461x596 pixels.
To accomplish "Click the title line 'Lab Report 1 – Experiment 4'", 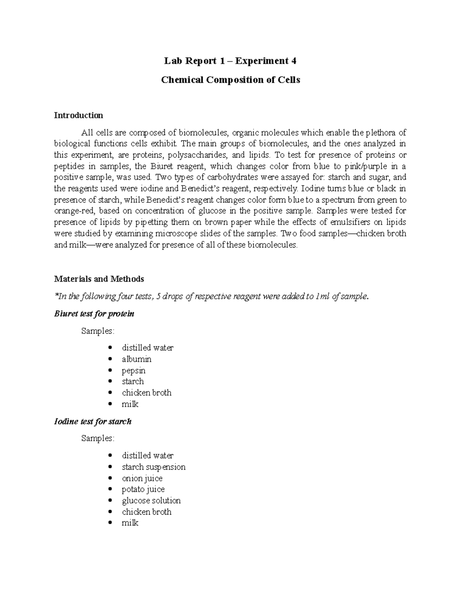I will [230, 61].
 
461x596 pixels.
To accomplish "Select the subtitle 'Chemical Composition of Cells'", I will [230, 80].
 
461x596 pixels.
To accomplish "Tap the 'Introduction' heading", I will [78, 116].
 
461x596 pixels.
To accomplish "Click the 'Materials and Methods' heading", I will [99, 279].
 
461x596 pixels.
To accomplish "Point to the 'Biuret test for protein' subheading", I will [94, 314].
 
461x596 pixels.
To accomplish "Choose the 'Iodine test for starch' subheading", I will [93, 421].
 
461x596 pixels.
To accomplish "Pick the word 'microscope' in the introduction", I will [164, 233].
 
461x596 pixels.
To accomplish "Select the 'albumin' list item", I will [137, 359].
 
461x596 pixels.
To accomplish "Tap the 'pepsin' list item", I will [134, 371].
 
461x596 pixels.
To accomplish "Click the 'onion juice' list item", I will [142, 478].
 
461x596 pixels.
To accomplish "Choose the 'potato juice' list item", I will [143, 489].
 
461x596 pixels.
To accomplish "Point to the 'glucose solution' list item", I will [151, 500].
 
